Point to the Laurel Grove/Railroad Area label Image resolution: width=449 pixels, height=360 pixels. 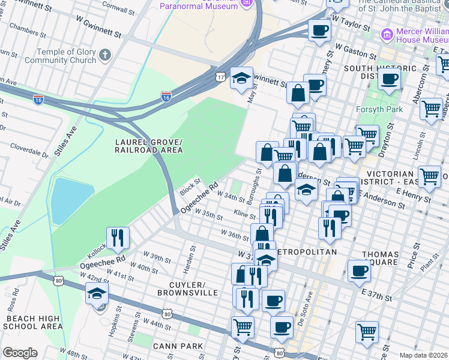coord(149,145)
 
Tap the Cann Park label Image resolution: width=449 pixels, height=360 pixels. coord(177,346)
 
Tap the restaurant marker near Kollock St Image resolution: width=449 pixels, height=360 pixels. coord(118,237)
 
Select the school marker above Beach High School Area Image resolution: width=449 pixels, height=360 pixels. coord(97,293)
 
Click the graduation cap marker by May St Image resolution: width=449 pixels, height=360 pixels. coord(242,78)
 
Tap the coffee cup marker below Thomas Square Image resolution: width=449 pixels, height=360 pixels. coord(360,271)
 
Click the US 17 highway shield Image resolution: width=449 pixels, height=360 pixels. coord(221,77)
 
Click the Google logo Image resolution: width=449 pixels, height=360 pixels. coord(19,353)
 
